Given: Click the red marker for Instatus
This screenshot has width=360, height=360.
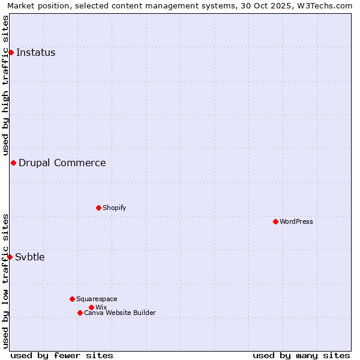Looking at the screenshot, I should click(11, 53).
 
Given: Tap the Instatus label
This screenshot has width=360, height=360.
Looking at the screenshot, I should click(36, 53).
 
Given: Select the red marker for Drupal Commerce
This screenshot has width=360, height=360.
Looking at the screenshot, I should click(13, 163).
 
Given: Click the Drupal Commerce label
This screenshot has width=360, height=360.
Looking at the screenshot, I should click(62, 163).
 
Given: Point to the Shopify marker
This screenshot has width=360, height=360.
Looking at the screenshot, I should click(98, 208).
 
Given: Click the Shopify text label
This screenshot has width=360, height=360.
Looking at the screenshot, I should click(115, 208).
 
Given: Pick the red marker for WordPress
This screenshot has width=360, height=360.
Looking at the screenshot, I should click(275, 221).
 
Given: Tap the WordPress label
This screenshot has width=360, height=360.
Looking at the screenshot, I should click(296, 221).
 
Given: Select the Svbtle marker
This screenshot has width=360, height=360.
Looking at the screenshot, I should click(10, 257).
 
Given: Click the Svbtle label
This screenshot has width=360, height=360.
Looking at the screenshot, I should click(30, 257).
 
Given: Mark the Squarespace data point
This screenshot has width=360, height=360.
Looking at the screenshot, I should click(72, 299).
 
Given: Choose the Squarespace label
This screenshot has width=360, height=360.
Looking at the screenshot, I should click(97, 299).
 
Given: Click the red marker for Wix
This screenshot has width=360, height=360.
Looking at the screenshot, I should click(91, 307).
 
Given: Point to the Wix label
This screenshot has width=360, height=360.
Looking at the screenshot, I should click(101, 307).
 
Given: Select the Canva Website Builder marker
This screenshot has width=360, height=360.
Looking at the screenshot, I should click(80, 313).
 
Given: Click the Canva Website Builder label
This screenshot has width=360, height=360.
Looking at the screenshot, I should click(120, 313).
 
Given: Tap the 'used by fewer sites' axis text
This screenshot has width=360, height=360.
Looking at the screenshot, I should click(62, 355).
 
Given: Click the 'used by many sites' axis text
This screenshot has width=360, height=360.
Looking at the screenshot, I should click(301, 355).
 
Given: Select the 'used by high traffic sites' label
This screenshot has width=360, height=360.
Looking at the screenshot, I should click(5, 85).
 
